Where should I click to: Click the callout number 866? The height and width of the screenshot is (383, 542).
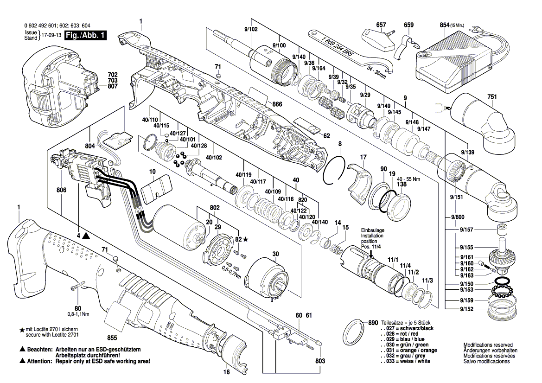277,104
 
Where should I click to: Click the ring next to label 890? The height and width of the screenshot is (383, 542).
355,332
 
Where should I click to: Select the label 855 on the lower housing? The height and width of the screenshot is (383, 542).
112,338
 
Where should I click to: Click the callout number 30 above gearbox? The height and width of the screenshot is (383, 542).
275,254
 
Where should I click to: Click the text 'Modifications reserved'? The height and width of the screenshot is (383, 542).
488,345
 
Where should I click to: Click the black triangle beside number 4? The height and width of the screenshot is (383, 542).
87,236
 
